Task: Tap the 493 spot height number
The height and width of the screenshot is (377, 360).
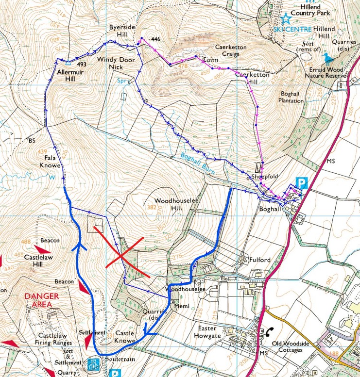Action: pyautogui.click(x=81, y=64)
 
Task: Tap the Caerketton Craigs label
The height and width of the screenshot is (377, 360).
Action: pyautogui.click(x=231, y=50)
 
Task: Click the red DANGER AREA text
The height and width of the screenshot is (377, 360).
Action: pyautogui.click(x=43, y=300)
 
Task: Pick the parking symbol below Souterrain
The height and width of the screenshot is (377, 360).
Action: pyautogui.click(x=115, y=373)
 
